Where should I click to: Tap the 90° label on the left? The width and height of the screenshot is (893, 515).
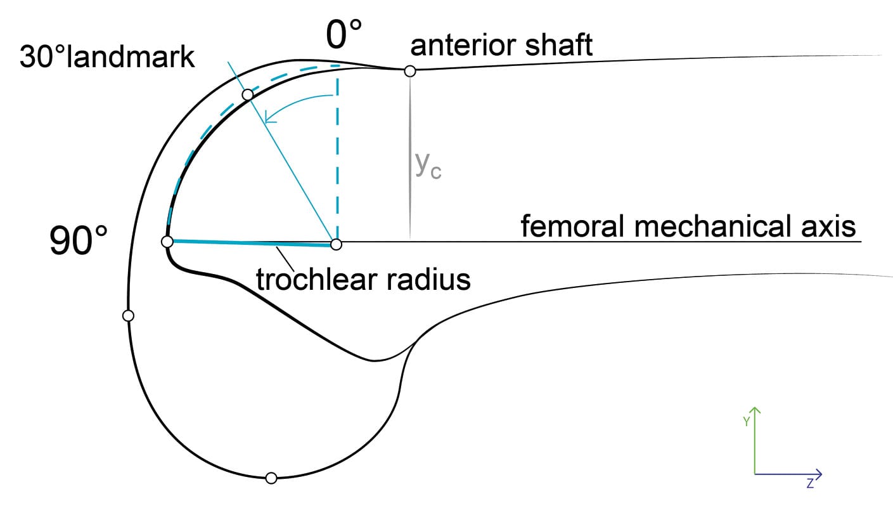79,242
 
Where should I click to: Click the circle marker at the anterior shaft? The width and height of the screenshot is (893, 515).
410,71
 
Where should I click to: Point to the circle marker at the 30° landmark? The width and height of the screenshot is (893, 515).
248,95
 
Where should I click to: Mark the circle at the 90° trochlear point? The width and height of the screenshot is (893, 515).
167,242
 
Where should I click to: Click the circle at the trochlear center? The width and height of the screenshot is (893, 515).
337,244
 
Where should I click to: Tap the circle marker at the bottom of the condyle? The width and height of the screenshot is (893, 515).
271,478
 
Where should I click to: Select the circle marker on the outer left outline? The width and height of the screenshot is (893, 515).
128,315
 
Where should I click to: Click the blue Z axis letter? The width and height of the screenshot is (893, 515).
810,484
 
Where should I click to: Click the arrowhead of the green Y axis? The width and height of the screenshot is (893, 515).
755,409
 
